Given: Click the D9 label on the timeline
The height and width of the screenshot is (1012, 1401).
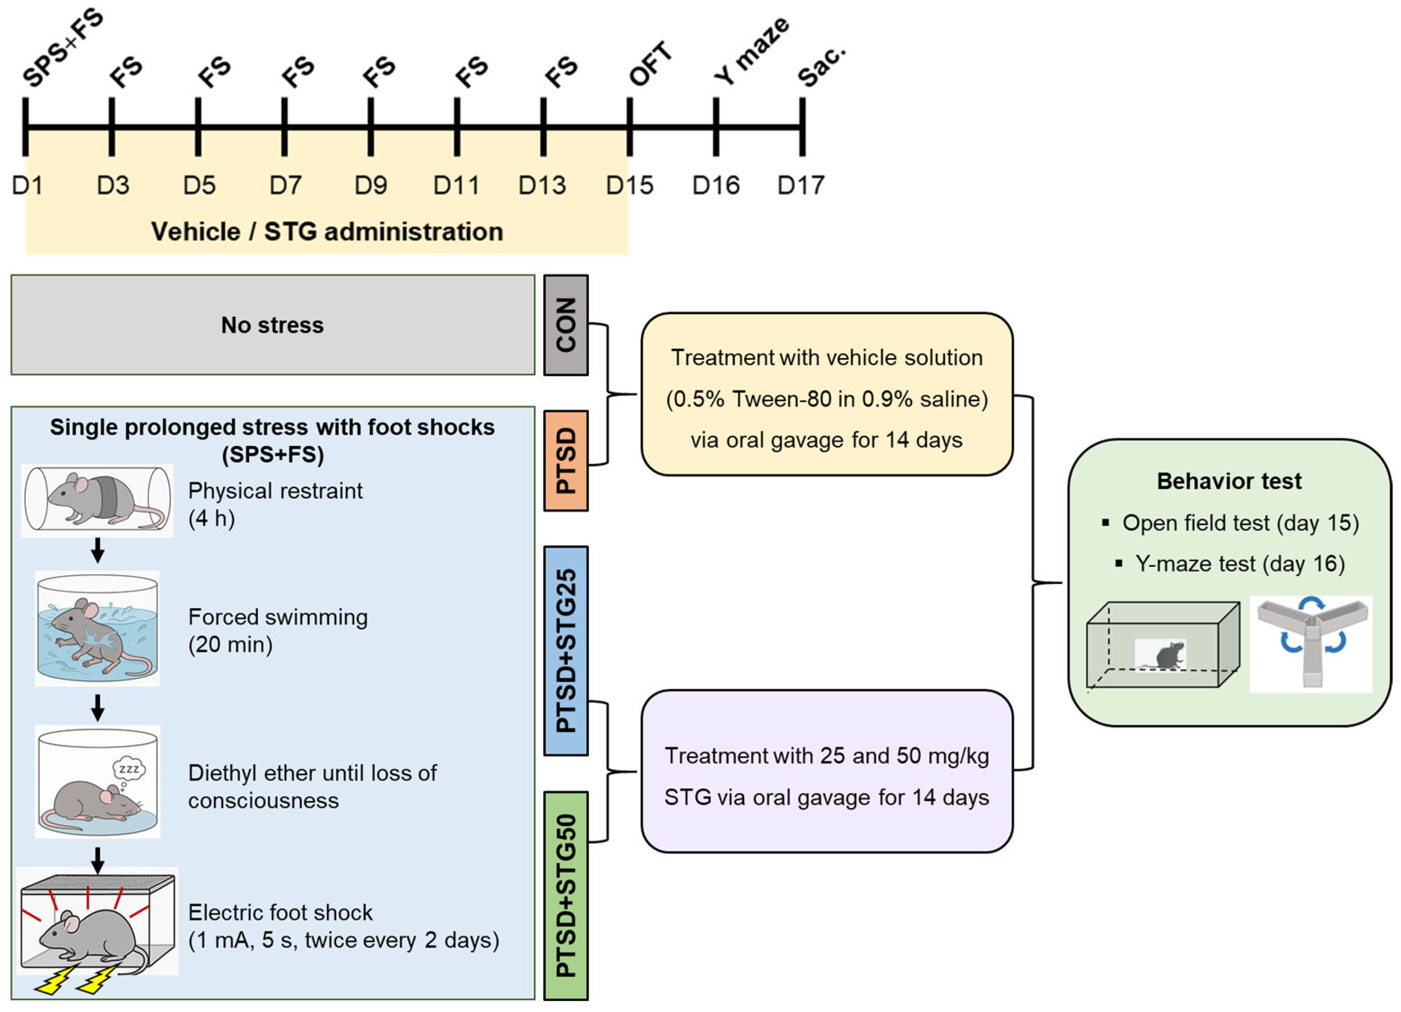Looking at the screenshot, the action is (x=371, y=185).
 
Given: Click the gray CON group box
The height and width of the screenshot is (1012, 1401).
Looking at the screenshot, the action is (x=566, y=325).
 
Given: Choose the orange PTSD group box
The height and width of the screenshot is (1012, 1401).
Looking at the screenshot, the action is (x=566, y=461).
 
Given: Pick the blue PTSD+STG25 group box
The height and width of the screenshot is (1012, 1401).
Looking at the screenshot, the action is (x=566, y=650).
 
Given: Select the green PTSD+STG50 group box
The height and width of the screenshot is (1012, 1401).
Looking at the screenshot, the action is (x=566, y=895).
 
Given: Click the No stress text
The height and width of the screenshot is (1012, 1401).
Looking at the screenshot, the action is (x=272, y=325).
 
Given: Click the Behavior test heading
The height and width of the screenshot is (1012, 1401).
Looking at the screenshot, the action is (x=1229, y=481).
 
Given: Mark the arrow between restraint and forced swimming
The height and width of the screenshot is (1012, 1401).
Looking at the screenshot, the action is (x=97, y=550).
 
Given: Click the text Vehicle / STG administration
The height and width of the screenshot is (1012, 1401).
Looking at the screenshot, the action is (x=327, y=231).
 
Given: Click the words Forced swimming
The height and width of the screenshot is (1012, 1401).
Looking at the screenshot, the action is (x=278, y=617).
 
